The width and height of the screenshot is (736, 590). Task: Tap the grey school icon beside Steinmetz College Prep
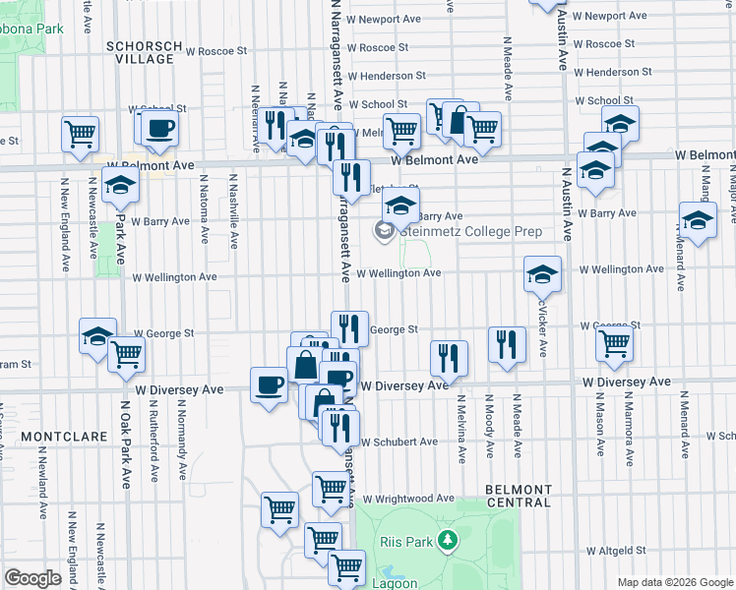tap(383, 231)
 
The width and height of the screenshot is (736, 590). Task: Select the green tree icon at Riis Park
tap(448, 539)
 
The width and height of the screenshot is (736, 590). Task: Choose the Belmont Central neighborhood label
tap(518, 496)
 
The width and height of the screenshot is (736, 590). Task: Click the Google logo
tap(32, 578)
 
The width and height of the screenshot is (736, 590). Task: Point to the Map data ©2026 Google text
tap(674, 582)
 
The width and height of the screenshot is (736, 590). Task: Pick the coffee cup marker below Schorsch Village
tap(159, 128)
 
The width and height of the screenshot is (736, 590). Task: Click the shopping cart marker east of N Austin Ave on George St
tap(614, 344)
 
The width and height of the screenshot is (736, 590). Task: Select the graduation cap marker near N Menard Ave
tap(698, 222)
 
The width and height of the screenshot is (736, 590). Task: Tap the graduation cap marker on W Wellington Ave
tap(542, 275)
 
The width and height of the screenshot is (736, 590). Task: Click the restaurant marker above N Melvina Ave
tap(450, 359)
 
